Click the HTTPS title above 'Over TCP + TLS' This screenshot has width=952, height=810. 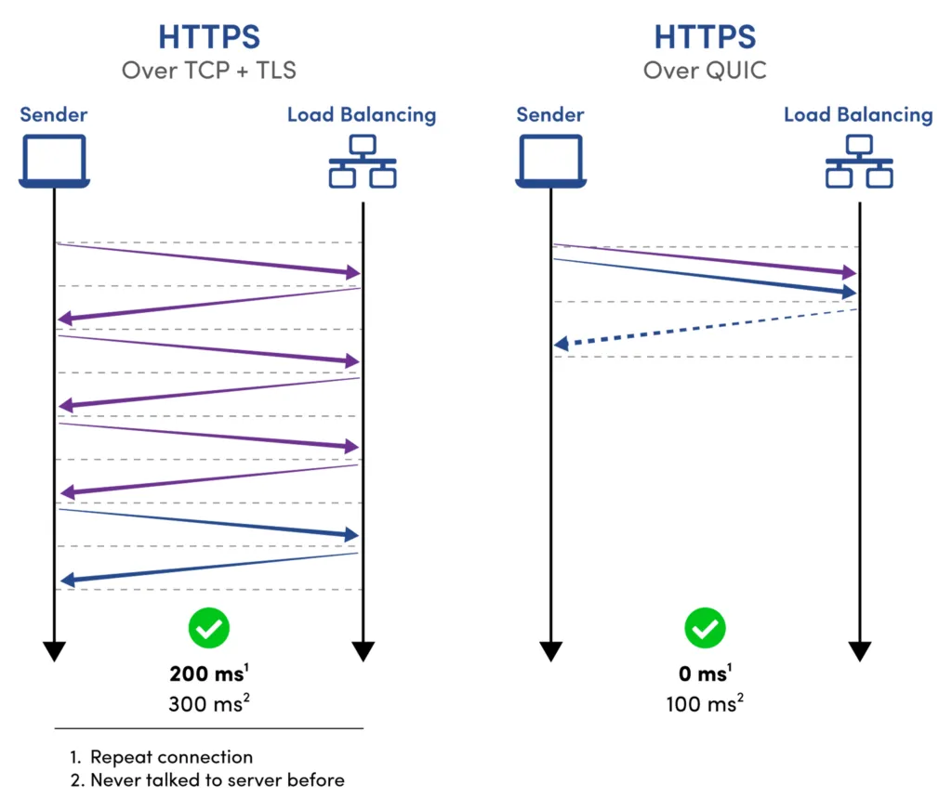209,37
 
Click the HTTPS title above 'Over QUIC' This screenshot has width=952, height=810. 705,37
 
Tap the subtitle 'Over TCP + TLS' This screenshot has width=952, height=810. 209,71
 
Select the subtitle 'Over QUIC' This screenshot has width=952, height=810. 705,71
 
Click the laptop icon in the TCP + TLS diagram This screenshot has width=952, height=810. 55,161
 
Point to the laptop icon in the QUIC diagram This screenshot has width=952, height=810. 550,161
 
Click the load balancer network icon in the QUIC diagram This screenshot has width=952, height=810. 859,161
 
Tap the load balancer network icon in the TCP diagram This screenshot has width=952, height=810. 363,161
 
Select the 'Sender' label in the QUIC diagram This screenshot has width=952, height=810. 550,114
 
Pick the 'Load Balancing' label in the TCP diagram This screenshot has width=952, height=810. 362,115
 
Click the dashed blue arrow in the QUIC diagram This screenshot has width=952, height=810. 705,328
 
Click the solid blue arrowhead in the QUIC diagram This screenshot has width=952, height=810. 848,292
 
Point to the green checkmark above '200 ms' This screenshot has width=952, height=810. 209,628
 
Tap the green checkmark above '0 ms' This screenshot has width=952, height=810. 705,628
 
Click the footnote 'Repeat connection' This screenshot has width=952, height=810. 172,757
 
